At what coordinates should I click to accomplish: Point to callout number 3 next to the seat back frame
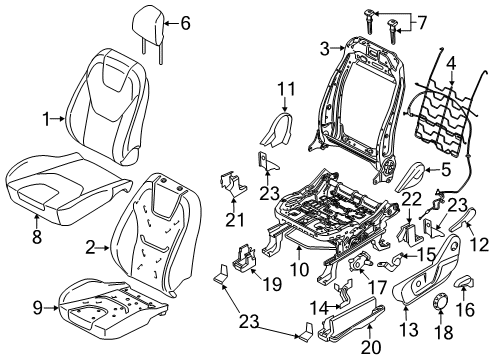coord(325,47)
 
